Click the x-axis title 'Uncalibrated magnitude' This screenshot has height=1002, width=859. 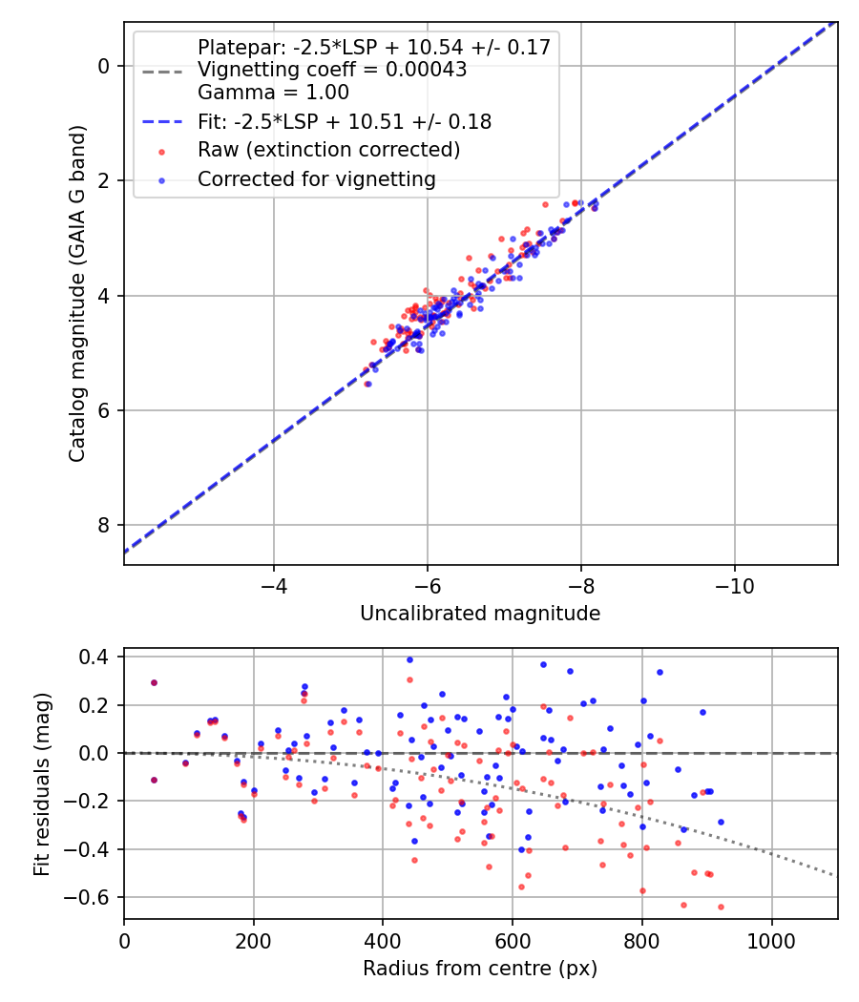click(x=480, y=614)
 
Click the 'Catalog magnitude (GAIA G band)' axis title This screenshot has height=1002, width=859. click(x=78, y=293)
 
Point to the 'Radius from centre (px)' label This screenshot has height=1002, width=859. click(x=480, y=969)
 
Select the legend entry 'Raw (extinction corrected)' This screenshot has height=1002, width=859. click(x=328, y=150)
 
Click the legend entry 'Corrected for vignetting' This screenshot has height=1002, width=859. click(x=316, y=178)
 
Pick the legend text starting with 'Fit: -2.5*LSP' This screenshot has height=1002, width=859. click(x=345, y=121)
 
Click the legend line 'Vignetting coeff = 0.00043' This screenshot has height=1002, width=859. click(x=332, y=70)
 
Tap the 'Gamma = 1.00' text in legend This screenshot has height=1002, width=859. click(x=273, y=93)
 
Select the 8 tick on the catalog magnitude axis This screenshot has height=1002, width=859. click(x=105, y=526)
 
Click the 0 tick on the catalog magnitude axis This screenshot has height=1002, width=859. click(x=105, y=66)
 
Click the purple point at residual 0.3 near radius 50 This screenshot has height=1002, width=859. click(x=154, y=682)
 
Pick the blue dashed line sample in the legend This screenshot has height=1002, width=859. click(x=163, y=121)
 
